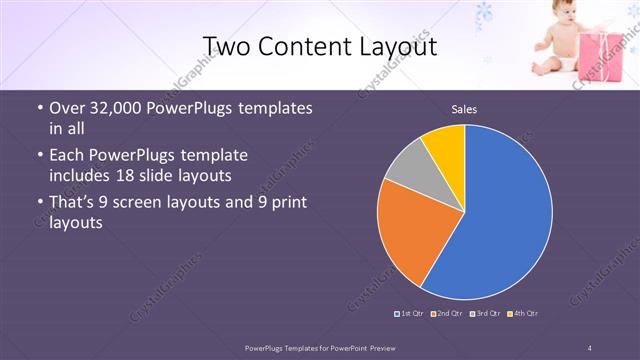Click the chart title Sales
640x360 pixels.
(x=463, y=109)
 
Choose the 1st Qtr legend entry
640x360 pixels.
(x=410, y=314)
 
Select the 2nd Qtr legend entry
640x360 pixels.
(x=447, y=314)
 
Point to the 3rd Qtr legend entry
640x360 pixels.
(x=485, y=314)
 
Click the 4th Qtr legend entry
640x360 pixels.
(x=522, y=314)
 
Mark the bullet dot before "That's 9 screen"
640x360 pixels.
(x=39, y=204)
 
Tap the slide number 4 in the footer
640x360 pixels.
(x=590, y=347)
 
